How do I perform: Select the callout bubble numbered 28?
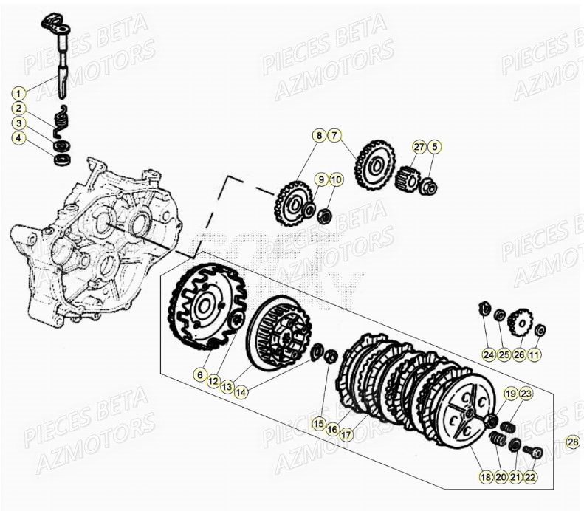point(573,442)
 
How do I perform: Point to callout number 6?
point(199,375)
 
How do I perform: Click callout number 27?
point(419,147)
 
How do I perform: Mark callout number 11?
point(535,355)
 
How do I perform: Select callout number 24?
point(487,355)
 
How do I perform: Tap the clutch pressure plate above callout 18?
point(457,411)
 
